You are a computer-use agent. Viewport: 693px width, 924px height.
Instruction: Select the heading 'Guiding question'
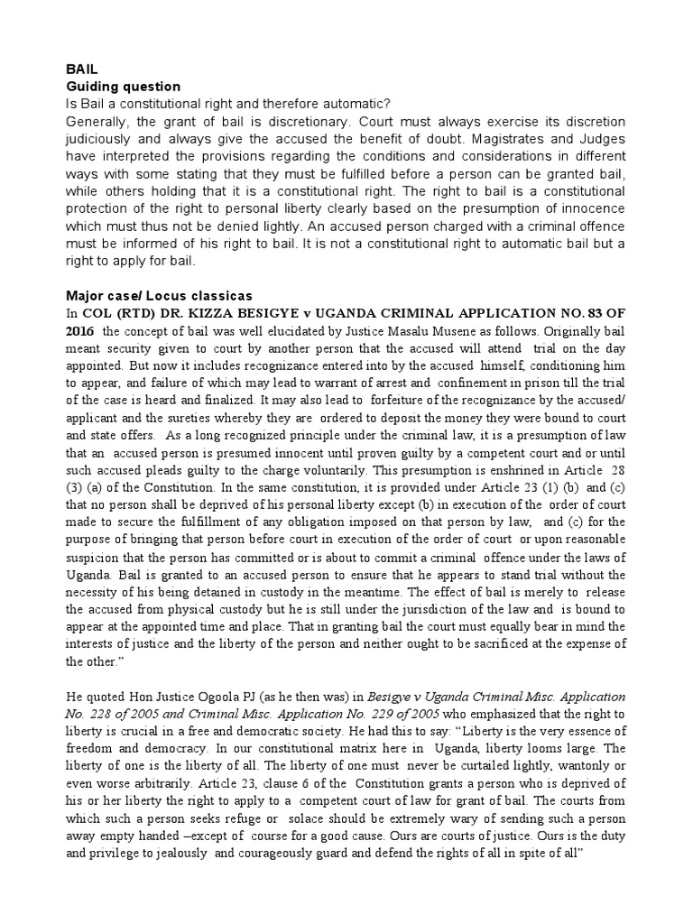pyautogui.click(x=123, y=87)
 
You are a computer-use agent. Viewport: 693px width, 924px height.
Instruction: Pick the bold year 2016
pyautogui.click(x=79, y=331)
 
